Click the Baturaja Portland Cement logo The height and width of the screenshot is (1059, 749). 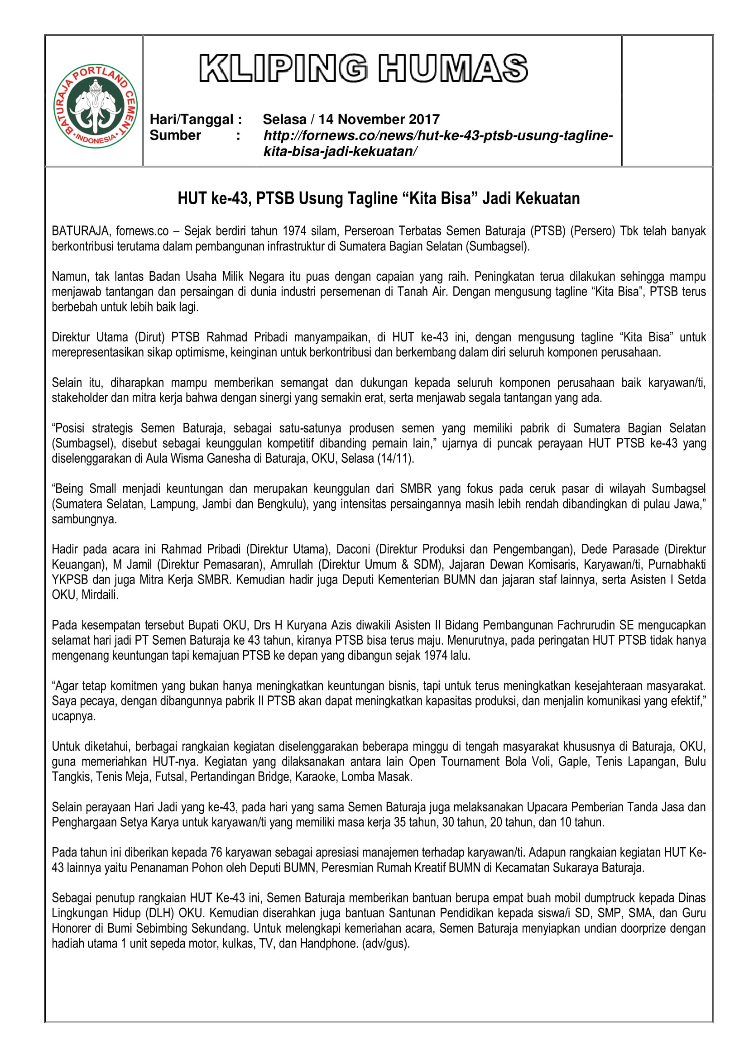click(96, 106)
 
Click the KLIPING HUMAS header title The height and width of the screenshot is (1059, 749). click(364, 68)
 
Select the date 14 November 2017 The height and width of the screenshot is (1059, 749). click(379, 120)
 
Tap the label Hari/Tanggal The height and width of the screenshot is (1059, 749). click(196, 120)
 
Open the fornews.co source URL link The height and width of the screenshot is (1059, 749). click(438, 143)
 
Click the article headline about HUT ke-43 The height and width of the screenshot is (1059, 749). click(379, 198)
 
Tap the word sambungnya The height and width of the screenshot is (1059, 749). click(84, 519)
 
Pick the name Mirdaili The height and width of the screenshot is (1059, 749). click(100, 595)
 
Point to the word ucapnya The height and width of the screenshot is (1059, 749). click(73, 716)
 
